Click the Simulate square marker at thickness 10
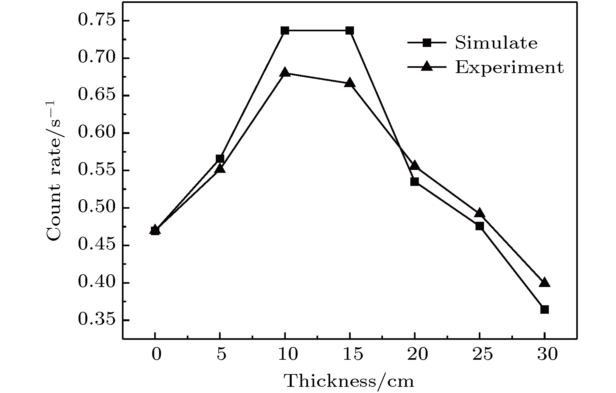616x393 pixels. pos(285,31)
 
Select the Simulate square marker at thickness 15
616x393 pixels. pos(350,31)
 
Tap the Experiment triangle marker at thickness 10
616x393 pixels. pos(285,72)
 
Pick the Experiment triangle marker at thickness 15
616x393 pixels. pos(350,83)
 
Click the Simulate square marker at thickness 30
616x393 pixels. pos(544,309)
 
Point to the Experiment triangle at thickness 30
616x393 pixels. pos(544,282)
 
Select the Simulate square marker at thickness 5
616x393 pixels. pos(220,159)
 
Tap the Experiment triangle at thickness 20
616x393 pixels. pos(415,165)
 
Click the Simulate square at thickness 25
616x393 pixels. pos(479,226)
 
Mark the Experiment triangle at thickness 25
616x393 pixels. pos(479,213)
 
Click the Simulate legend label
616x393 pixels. pos(496,43)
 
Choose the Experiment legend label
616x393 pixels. pos(509,68)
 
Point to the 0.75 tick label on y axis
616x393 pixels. pos(97,21)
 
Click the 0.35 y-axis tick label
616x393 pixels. pos(97,320)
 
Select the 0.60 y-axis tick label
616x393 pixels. pos(97,133)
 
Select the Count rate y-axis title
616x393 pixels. pos(53,171)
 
